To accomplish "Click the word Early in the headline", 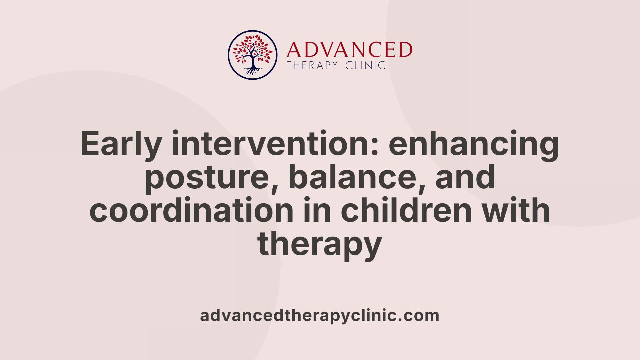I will pyautogui.click(x=121, y=144).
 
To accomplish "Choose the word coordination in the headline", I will pyautogui.click(x=191, y=211).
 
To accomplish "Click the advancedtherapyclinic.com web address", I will pyautogui.click(x=319, y=315).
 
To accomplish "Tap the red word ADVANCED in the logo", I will pyautogui.click(x=349, y=50).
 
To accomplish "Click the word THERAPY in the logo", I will pyautogui.click(x=312, y=65).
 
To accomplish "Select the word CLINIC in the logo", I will pyautogui.click(x=365, y=65).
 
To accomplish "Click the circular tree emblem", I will pyautogui.click(x=252, y=55).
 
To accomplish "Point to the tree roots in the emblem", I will pyautogui.click(x=252, y=71).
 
